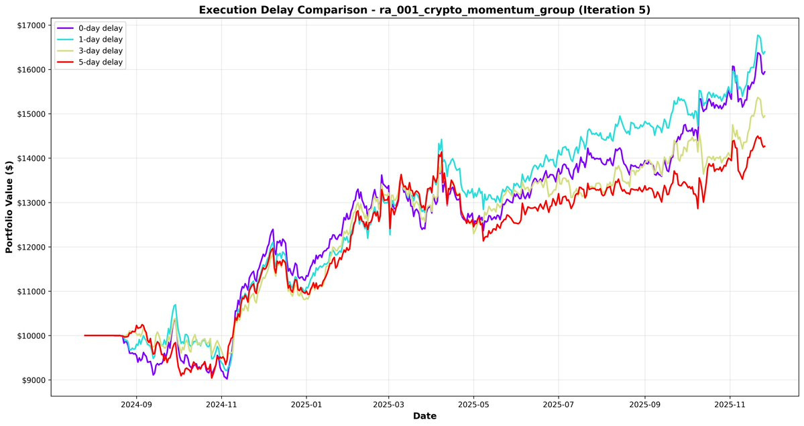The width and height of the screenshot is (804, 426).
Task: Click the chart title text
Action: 424,10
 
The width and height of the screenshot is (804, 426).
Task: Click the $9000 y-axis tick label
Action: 34,380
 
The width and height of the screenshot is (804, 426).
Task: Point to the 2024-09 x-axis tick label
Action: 136,405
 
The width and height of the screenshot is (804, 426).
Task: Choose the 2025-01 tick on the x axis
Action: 306,405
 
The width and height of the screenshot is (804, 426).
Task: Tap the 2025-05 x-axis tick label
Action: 473,405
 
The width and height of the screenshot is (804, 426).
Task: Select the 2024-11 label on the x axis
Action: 221,405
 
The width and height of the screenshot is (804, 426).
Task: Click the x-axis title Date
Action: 424,416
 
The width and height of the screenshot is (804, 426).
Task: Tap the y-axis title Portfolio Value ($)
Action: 9,207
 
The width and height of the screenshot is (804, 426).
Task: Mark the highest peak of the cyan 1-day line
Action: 758,35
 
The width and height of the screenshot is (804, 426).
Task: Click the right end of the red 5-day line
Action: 765,147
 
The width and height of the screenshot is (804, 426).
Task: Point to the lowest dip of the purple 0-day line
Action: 227,379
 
